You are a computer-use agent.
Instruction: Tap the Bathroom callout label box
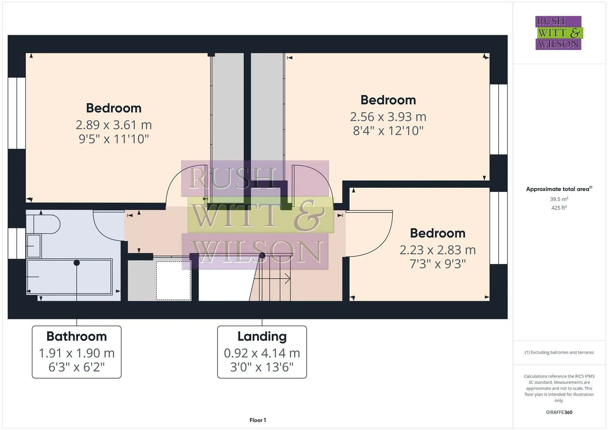pyautogui.click(x=76, y=352)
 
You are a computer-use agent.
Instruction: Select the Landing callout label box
pyautogui.click(x=262, y=352)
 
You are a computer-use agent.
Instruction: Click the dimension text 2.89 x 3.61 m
pyautogui.click(x=113, y=125)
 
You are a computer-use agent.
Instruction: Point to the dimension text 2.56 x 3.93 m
pyautogui.click(x=388, y=117)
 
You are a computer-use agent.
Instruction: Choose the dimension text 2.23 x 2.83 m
pyautogui.click(x=437, y=250)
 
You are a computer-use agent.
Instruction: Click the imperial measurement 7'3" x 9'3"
pyautogui.click(x=437, y=264)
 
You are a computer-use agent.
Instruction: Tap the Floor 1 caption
pyautogui.click(x=258, y=420)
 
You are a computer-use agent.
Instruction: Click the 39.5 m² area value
pyautogui.click(x=559, y=199)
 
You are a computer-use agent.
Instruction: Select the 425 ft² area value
pyautogui.click(x=559, y=208)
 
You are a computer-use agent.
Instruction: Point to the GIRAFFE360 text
pyautogui.click(x=559, y=412)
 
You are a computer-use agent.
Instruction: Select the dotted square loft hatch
pyautogui.click(x=173, y=280)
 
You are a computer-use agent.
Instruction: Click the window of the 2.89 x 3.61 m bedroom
pyautogui.click(x=17, y=113)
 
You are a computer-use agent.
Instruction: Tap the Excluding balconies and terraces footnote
pyautogui.click(x=559, y=352)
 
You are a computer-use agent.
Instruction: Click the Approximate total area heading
pyautogui.click(x=559, y=189)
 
